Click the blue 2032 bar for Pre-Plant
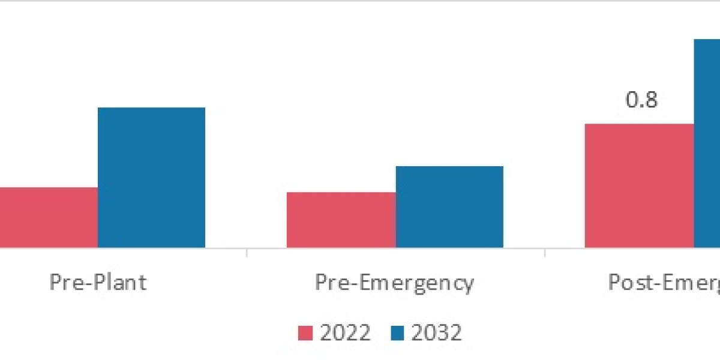coord(151,178)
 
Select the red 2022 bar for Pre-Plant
coord(49,217)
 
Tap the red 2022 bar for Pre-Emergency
coord(341,220)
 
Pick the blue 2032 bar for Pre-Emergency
coord(449,206)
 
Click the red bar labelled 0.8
coord(639,185)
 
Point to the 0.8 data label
coord(641,100)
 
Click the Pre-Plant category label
coord(98,283)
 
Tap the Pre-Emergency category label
coord(394,283)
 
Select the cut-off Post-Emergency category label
coord(664,283)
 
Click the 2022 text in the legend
coord(344,332)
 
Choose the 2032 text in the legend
coord(436,332)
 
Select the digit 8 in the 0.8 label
coord(650,100)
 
